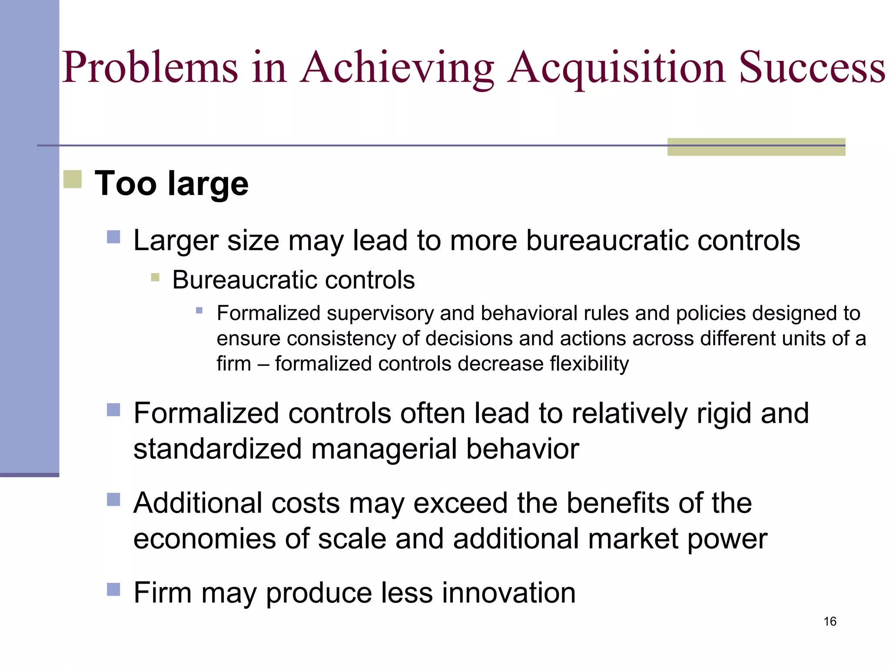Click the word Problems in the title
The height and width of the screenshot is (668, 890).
150,67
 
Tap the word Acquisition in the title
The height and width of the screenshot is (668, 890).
617,67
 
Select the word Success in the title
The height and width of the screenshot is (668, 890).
812,67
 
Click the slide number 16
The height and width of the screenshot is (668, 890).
830,621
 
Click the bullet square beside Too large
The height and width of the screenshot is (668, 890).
73,179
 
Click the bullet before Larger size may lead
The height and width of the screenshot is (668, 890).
113,237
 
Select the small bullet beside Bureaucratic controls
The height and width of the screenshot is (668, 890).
155,277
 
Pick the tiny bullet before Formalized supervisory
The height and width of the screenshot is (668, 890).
199,311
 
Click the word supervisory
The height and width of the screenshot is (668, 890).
380,313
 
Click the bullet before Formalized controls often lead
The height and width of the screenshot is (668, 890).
113,410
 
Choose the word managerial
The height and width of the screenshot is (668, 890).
384,449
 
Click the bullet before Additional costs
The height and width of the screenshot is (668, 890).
113,500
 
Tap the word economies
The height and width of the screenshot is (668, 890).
204,539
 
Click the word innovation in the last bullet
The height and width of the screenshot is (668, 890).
508,592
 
